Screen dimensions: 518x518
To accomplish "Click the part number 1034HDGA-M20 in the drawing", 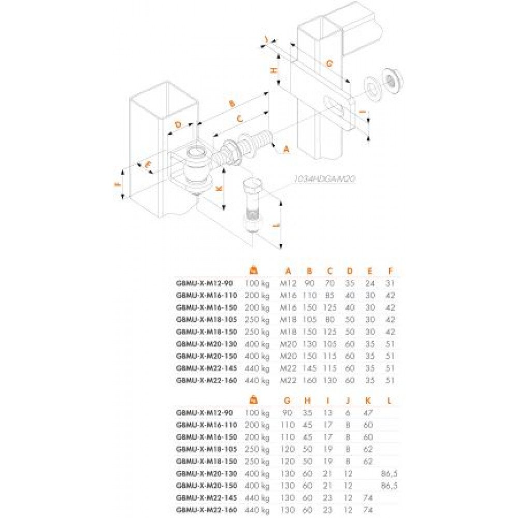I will click(x=323, y=178).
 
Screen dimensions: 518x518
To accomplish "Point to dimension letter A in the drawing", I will click(x=286, y=149).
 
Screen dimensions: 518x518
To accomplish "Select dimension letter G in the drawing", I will click(x=328, y=63).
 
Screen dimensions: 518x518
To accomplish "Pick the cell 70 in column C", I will click(x=329, y=283).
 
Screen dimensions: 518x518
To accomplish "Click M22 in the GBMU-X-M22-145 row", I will click(x=288, y=368).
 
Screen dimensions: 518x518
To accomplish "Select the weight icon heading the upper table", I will click(x=254, y=269).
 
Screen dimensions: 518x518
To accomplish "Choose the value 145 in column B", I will click(x=309, y=368).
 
